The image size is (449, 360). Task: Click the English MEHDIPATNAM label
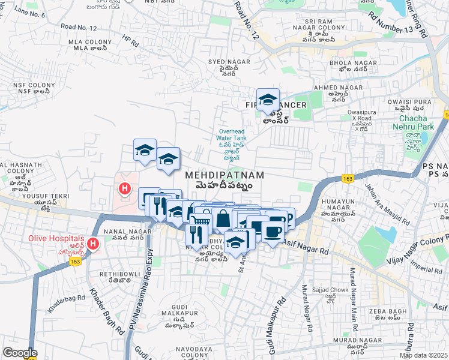tap(224, 175)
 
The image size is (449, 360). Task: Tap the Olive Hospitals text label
tap(52, 238)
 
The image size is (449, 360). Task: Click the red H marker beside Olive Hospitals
tap(93, 244)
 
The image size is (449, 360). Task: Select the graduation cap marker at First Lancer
tap(268, 100)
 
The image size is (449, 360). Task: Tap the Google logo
tap(19, 353)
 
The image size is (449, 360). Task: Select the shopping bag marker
tap(223, 220)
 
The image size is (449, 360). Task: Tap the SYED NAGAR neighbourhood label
tap(224, 62)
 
